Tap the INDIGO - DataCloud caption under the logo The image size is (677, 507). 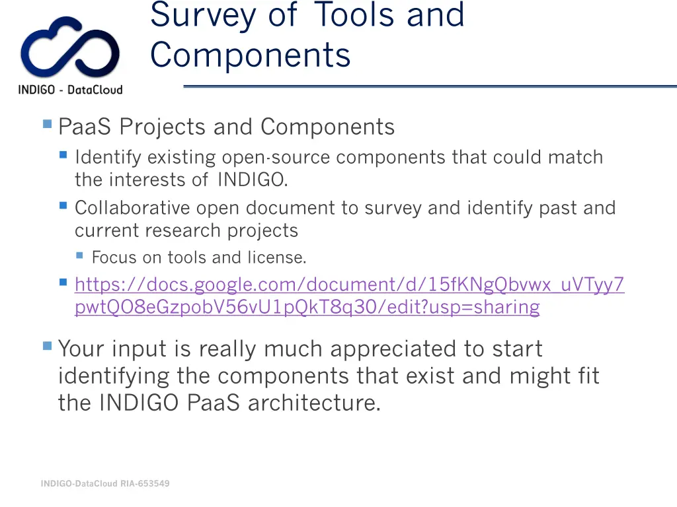point(70,90)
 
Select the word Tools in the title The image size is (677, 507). point(353,15)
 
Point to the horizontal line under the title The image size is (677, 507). point(430,86)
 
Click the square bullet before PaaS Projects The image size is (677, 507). point(47,123)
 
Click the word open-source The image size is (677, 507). point(278,158)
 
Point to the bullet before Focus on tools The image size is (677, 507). point(79,255)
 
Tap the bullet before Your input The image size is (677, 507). point(47,345)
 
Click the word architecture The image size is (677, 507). point(314,402)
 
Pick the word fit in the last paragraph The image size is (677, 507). point(586,376)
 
